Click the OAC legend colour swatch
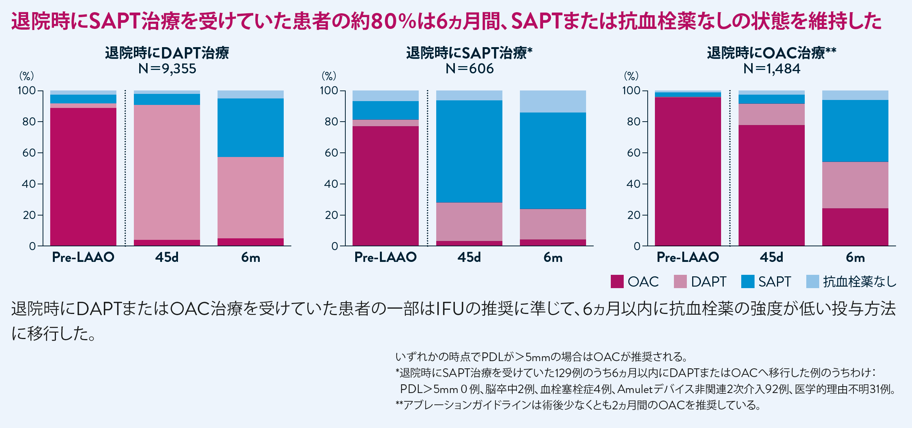pos(617,282)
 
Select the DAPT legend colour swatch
pos(680,282)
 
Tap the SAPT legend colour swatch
pos(748,282)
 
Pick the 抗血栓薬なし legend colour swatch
pos(812,282)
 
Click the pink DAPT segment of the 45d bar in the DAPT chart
pos(167,172)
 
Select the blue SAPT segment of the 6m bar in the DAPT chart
pos(251,128)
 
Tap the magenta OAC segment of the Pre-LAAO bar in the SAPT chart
pos(386,186)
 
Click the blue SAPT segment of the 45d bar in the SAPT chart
pos(469,151)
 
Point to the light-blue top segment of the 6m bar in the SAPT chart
pos(553,101)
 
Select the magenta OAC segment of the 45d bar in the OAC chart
pos(772,185)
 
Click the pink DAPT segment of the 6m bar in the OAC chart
pos(855,185)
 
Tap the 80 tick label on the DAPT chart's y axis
pos(29,122)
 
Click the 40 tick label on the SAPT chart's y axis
pos(331,184)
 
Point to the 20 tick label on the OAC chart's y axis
pos(634,215)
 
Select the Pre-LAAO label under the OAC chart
pos(688,257)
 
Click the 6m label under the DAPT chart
pos(251,258)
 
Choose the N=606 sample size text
pos(469,69)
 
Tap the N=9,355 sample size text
pos(167,69)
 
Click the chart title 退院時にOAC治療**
pos(772,53)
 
